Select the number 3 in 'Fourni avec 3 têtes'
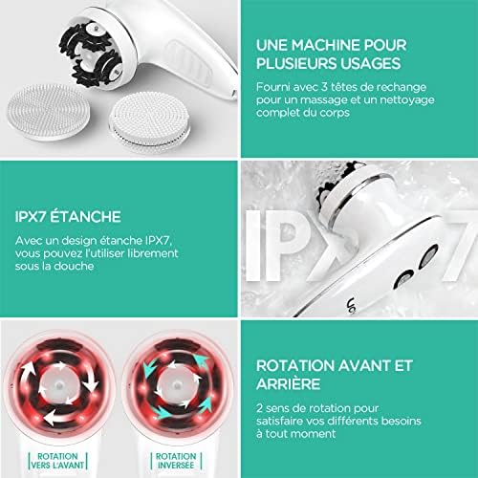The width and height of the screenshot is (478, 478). (324, 87)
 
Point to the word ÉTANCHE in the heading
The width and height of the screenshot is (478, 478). (85, 217)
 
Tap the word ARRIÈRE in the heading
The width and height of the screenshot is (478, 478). (288, 383)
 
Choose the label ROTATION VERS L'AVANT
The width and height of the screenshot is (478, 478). (57, 461)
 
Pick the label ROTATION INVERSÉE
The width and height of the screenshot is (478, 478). (176, 461)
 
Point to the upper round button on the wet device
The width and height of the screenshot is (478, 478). (429, 255)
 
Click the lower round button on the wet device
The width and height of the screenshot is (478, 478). (403, 278)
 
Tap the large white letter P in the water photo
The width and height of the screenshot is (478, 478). (294, 246)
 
